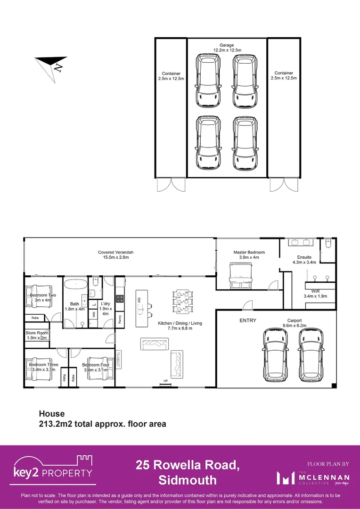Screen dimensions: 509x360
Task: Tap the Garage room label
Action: tap(227, 45)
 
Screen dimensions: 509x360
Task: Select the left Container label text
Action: tap(171, 74)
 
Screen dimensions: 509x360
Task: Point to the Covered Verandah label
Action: tap(116, 253)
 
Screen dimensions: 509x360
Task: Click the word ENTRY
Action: tap(248, 320)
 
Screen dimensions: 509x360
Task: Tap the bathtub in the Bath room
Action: tap(75, 284)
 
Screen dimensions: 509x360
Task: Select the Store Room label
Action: tap(37, 333)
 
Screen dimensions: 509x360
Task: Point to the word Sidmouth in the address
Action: tap(187, 480)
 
